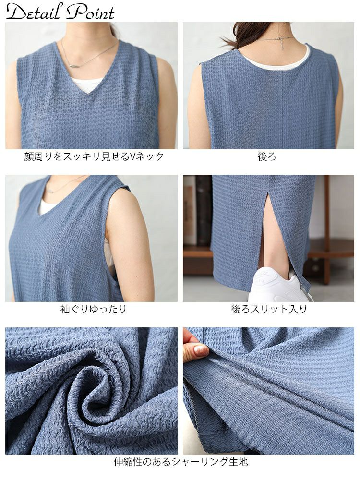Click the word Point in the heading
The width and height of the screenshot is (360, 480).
(x=91, y=13)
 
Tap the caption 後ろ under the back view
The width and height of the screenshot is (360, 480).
(x=267, y=156)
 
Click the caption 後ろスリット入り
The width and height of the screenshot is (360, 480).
(x=269, y=309)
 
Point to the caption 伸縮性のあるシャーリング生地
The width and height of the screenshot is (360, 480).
(x=180, y=462)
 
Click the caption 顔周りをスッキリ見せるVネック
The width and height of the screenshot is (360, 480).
(x=94, y=156)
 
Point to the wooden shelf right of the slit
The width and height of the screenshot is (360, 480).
(x=331, y=247)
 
